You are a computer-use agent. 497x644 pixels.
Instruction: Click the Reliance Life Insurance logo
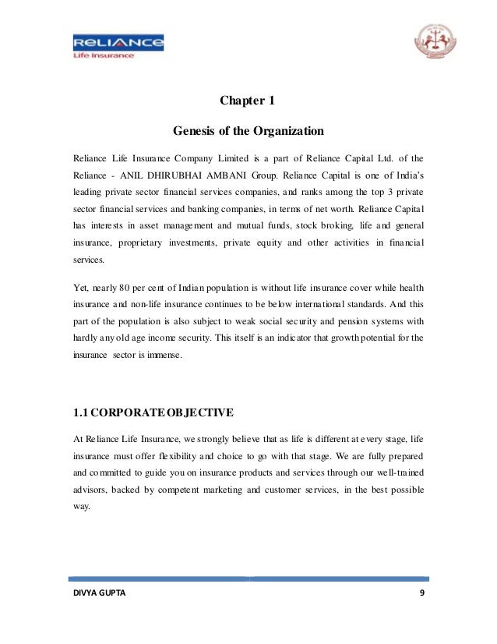(x=118, y=45)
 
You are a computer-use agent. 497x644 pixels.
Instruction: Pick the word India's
(x=407, y=174)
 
